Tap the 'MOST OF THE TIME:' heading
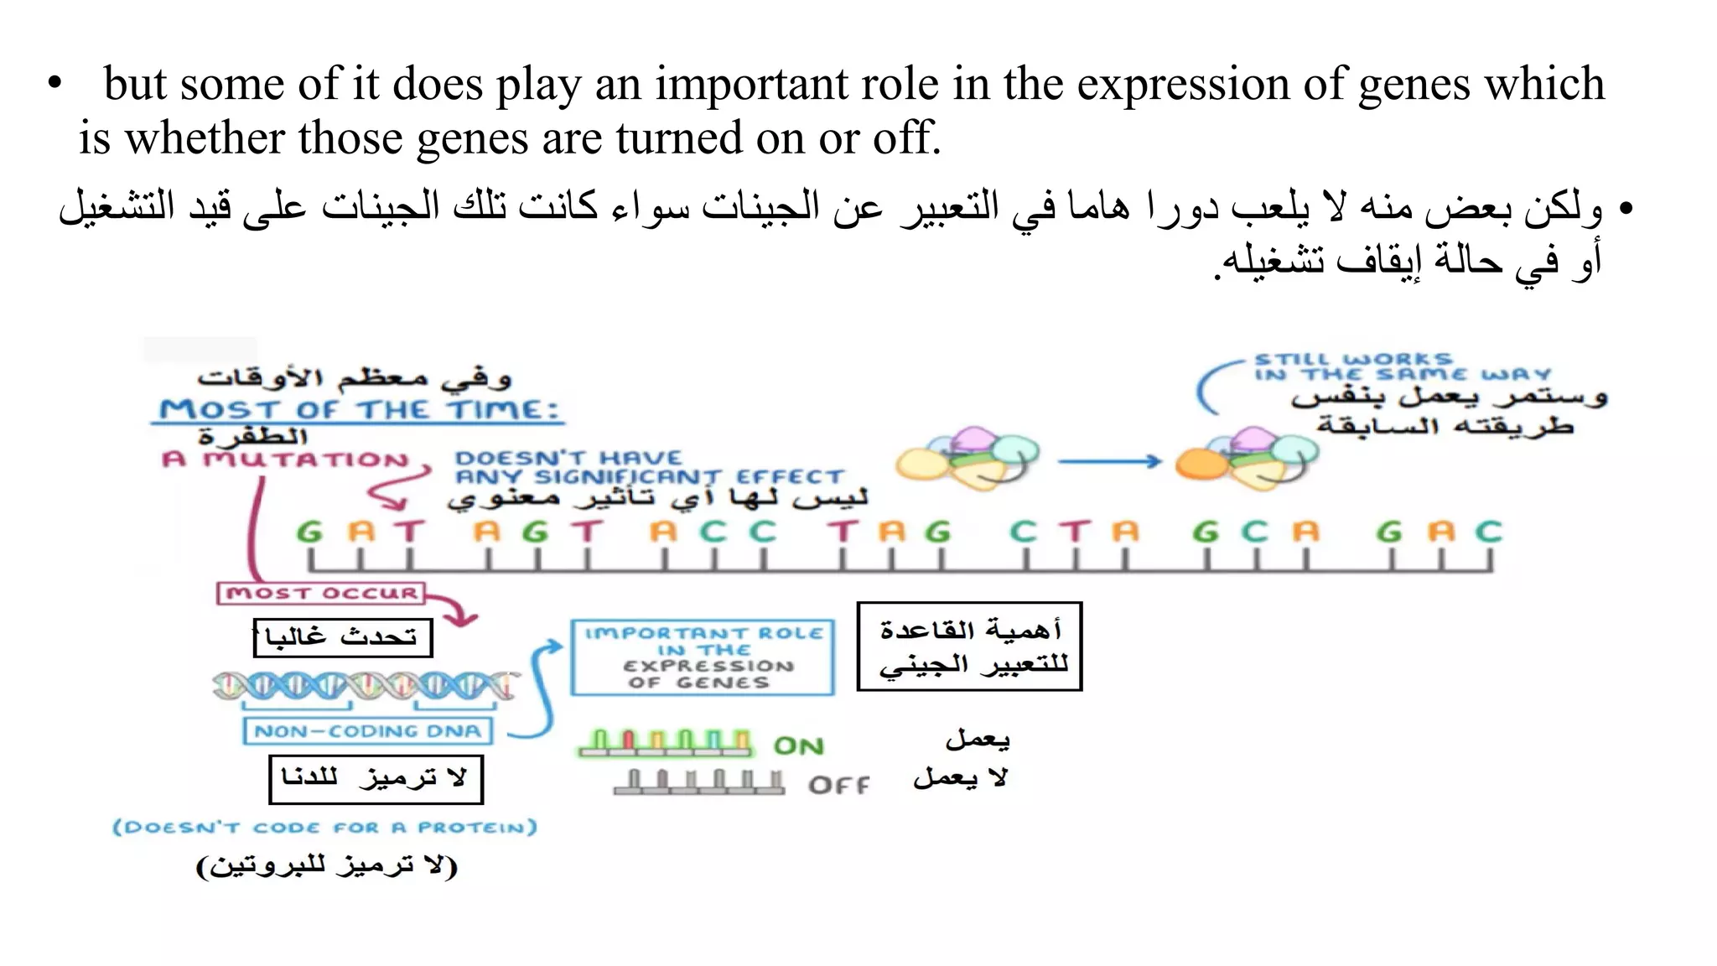coord(359,410)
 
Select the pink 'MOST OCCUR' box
coord(321,594)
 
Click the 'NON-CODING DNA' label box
coord(367,731)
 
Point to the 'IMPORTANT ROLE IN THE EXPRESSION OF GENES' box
coord(703,657)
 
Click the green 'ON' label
coord(798,745)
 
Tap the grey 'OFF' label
coord(838,785)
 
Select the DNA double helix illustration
coord(364,686)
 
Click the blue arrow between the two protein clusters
coord(1108,460)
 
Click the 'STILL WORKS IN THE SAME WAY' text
coord(1400,367)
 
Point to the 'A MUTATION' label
coord(285,460)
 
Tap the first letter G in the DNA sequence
coord(309,532)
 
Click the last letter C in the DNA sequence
coord(1488,532)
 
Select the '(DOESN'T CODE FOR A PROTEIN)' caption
coord(325,828)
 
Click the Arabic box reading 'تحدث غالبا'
coord(342,638)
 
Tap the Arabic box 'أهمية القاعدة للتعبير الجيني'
coord(969,647)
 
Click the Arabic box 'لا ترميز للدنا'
coord(376,779)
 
